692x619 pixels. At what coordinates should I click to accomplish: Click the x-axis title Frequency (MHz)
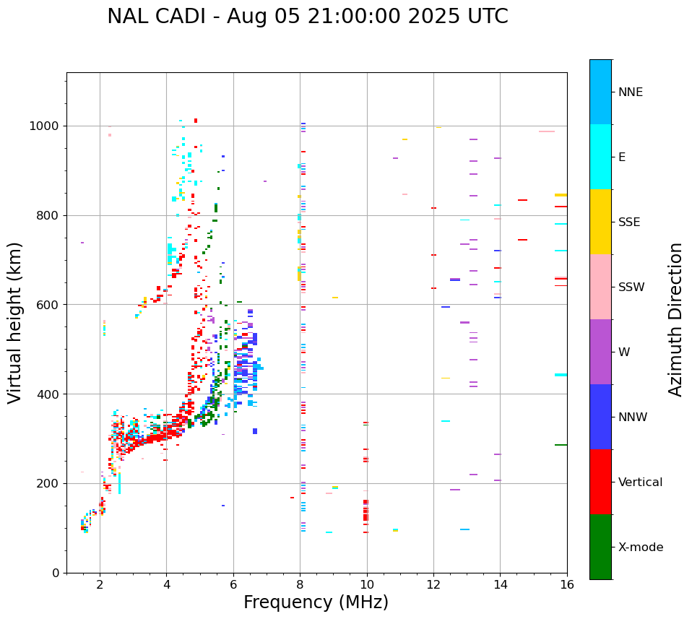(x=316, y=602)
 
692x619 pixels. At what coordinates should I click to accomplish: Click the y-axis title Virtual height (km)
(x=15, y=323)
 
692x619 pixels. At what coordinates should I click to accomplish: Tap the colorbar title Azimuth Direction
(x=675, y=319)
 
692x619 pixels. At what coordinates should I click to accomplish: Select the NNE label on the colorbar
(x=630, y=92)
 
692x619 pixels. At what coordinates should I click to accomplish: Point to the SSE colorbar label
(x=628, y=222)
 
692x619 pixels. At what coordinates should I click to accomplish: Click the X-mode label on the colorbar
(x=640, y=547)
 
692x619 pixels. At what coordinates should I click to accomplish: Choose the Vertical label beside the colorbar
(x=640, y=482)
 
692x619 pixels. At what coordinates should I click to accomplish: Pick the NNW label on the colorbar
(x=632, y=417)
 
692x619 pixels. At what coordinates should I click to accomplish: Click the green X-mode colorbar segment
(x=600, y=547)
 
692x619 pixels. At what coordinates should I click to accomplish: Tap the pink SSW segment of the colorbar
(x=600, y=287)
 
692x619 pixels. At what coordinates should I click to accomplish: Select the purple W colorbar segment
(x=600, y=352)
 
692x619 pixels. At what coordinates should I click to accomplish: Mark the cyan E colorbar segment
(x=600, y=157)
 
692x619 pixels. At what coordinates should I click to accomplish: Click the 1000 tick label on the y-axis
(x=46, y=126)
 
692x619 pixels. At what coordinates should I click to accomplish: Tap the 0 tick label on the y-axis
(x=56, y=573)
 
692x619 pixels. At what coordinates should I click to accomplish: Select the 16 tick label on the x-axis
(x=567, y=584)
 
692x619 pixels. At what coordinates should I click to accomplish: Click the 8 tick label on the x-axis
(x=300, y=584)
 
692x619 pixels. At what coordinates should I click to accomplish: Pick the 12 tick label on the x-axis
(x=433, y=584)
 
